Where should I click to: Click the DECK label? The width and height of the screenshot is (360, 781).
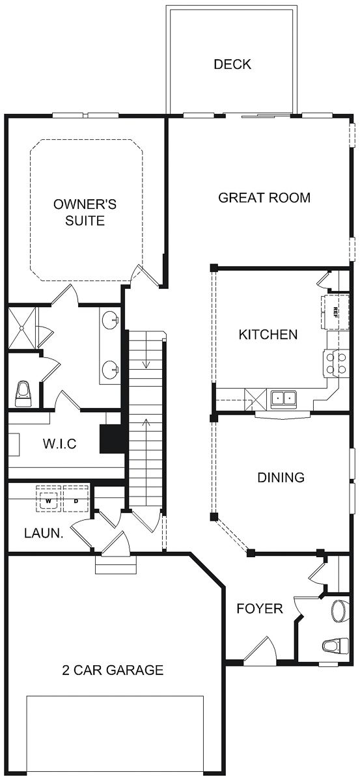pyautogui.click(x=232, y=64)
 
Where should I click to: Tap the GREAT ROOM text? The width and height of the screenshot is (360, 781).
pyautogui.click(x=264, y=197)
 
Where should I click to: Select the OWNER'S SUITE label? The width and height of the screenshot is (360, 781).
pyautogui.click(x=85, y=212)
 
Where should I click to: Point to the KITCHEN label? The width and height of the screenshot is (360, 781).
pyautogui.click(x=268, y=335)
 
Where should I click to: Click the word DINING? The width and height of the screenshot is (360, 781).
pyautogui.click(x=281, y=477)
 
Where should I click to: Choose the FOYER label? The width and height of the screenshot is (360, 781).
pyautogui.click(x=259, y=609)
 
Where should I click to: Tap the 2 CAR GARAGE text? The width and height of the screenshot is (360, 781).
pyautogui.click(x=113, y=670)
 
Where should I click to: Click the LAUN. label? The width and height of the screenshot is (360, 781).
pyautogui.click(x=44, y=533)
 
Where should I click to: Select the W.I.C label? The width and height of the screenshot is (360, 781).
pyautogui.click(x=60, y=445)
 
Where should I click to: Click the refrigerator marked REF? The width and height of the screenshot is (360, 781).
pyautogui.click(x=331, y=310)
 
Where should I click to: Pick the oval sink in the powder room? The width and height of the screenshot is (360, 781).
pyautogui.click(x=339, y=610)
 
